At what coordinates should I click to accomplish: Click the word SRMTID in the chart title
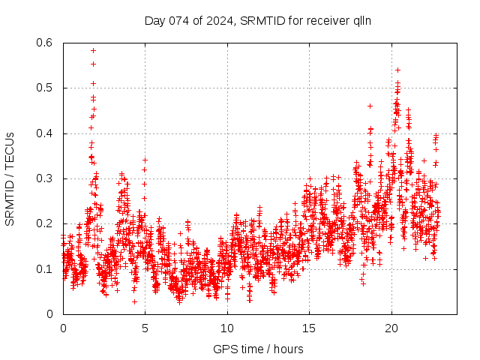click(x=266, y=20)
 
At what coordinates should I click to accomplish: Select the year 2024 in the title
click(x=217, y=20)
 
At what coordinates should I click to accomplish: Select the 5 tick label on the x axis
click(x=145, y=328)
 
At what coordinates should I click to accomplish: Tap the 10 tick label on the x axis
click(x=227, y=328)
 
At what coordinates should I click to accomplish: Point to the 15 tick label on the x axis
click(x=309, y=328)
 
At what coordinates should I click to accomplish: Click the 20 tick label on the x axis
click(x=391, y=328)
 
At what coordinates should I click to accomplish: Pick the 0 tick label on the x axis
click(x=63, y=328)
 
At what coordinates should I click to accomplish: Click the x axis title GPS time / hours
click(x=259, y=349)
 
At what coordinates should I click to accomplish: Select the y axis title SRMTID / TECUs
click(x=10, y=178)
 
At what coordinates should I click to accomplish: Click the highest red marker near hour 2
click(x=93, y=50)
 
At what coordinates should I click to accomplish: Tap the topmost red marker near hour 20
click(x=397, y=70)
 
